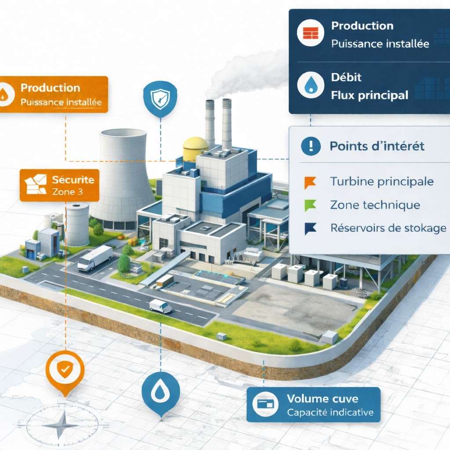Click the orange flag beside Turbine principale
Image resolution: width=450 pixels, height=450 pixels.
[x=310, y=182]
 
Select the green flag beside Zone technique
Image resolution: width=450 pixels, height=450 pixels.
[x=310, y=205]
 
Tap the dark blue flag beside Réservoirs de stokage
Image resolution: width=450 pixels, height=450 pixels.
[x=310, y=228]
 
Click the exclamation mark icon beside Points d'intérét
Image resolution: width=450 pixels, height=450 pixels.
[x=311, y=146]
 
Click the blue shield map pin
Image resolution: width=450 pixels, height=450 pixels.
[x=160, y=99]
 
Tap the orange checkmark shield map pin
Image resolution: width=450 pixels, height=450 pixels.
[x=65, y=371]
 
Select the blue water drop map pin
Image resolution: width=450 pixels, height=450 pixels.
[x=160, y=391]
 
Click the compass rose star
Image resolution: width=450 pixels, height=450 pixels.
[x=61, y=425]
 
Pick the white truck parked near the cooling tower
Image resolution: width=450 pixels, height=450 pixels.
[x=95, y=258]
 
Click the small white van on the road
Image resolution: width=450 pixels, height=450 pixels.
[x=160, y=306]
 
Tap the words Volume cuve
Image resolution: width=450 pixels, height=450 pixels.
[x=323, y=399]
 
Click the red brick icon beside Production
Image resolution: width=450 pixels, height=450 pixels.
[x=310, y=33]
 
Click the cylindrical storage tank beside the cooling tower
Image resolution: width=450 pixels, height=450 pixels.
[x=77, y=224]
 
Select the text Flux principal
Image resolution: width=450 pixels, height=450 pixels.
[x=369, y=94]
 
